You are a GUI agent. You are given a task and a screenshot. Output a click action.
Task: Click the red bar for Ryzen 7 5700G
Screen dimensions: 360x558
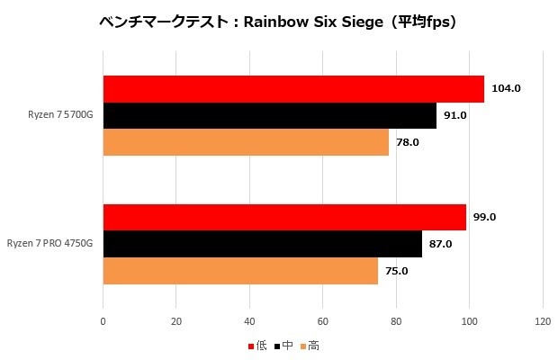293,88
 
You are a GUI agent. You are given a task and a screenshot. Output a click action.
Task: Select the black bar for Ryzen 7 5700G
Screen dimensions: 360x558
270,115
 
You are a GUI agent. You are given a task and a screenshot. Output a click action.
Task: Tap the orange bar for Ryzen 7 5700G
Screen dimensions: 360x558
246,142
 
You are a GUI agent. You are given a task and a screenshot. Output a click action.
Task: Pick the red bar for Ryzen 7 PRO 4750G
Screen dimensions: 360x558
284,217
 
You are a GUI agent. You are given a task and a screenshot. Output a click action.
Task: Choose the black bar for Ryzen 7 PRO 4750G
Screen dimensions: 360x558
263,244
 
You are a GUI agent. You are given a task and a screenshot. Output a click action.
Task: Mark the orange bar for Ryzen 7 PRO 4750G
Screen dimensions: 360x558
240,271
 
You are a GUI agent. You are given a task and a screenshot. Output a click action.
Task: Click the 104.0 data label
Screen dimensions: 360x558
507,88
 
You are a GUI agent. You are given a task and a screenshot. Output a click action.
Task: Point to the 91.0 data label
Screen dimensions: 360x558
457,115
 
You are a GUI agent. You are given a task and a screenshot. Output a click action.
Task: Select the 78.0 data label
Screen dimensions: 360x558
409,142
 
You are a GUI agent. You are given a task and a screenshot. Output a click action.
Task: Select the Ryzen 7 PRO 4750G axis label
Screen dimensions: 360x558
51,244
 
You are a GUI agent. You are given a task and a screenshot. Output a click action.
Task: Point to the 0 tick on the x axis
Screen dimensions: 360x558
103,321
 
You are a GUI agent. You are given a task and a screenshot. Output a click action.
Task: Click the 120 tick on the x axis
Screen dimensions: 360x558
543,321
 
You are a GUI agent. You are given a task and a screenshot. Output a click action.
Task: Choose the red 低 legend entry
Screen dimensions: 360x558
257,345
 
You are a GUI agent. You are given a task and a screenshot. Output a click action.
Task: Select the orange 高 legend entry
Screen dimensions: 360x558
309,345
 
